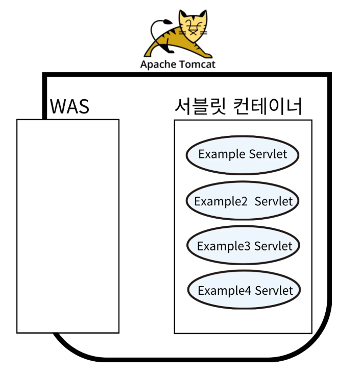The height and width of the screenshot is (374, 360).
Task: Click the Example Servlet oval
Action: tap(242, 154)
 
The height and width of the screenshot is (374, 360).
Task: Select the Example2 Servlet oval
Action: tap(242, 201)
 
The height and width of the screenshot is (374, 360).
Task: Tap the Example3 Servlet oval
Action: tap(243, 246)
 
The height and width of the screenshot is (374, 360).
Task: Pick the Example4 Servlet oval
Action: tap(244, 291)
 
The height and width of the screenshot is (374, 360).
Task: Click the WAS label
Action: tap(69, 107)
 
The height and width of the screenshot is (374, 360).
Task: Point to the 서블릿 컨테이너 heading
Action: tap(238, 106)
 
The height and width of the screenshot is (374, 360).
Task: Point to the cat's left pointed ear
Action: tap(182, 15)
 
